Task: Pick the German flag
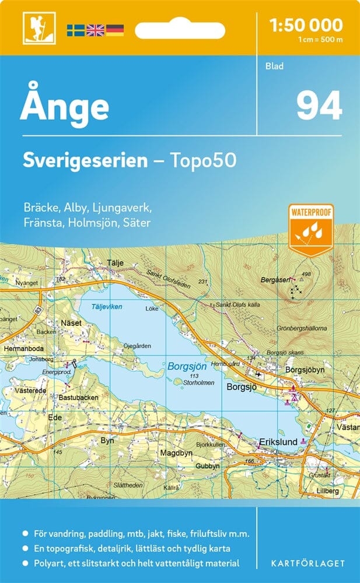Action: point(114,30)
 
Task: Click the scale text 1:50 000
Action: point(305,25)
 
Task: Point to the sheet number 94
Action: point(319,106)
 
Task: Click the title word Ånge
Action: point(64,106)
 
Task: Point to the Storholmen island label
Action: point(195,383)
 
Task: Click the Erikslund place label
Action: point(278,442)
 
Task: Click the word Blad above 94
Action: point(274,66)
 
